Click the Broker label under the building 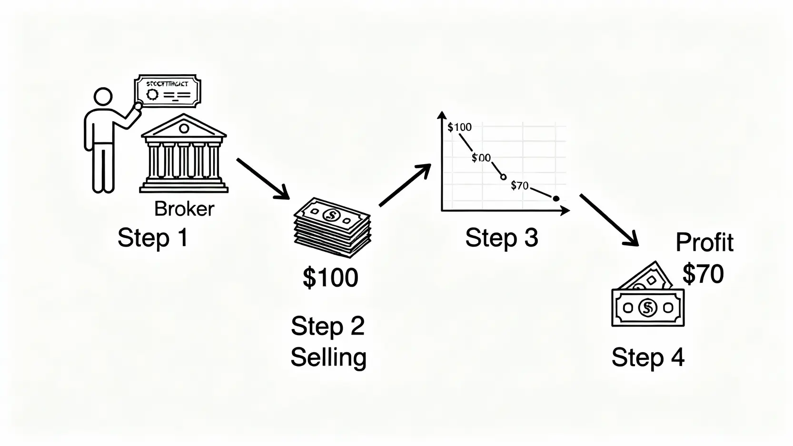point(184,209)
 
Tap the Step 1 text point(153,238)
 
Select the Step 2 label point(327,326)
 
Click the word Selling point(328,357)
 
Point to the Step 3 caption point(501,238)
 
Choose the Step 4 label point(648,357)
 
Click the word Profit point(704,242)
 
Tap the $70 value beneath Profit point(703,274)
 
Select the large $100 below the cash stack point(330,278)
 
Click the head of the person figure point(103,97)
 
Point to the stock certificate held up point(168,91)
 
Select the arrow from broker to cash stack point(263,178)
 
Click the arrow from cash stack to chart point(405,185)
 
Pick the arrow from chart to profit point(609,220)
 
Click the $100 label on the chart point(460,127)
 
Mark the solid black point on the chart point(556,198)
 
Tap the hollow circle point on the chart point(504,177)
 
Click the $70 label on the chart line point(519,186)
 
